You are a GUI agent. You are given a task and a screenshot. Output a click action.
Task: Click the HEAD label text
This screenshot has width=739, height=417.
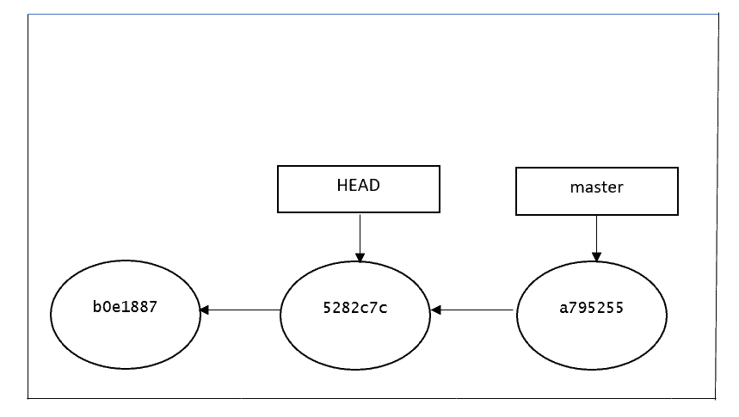358,185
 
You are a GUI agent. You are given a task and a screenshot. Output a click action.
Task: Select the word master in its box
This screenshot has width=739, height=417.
597,187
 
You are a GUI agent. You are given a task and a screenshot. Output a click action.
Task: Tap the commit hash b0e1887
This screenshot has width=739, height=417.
125,307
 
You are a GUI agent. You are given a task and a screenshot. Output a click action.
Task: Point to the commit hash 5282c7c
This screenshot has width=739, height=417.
355,308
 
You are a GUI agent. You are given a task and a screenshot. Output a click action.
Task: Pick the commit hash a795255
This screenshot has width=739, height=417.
592,308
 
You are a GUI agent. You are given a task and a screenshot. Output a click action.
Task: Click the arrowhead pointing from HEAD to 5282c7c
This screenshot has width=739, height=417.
360,257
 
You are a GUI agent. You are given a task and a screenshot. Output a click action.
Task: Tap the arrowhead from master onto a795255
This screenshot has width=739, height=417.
597,257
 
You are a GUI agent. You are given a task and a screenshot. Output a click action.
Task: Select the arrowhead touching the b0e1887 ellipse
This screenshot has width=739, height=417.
204,310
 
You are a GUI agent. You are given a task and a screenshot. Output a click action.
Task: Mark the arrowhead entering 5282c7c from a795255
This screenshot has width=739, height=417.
436,310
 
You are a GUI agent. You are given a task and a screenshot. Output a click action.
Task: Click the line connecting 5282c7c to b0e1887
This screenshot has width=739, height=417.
240,310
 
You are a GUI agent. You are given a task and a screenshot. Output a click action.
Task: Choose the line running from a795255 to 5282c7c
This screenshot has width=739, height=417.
472,310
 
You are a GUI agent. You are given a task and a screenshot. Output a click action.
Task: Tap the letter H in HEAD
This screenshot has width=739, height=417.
342,185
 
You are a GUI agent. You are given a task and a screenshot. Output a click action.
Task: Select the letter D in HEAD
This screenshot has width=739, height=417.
375,185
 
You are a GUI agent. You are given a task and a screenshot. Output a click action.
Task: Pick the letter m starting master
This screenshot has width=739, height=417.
576,188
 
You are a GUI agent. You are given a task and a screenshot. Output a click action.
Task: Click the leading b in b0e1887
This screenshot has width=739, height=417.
97,307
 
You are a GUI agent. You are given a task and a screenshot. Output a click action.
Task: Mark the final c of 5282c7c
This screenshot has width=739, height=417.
383,310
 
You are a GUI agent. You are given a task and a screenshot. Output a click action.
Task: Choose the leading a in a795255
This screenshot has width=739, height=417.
563,310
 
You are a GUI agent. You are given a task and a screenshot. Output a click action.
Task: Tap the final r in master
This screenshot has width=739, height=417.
620,188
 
